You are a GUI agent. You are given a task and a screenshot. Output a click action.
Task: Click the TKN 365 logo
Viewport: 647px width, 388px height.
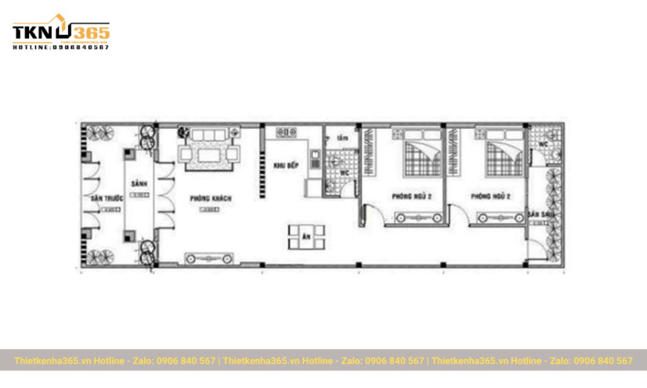[x=60, y=31]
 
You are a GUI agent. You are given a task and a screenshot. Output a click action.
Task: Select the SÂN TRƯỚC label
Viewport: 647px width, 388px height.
[x=107, y=199]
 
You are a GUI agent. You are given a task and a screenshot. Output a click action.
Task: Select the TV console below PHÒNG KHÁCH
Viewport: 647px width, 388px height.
[x=209, y=259]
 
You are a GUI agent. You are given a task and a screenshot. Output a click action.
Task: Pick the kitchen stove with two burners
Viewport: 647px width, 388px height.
[x=287, y=131]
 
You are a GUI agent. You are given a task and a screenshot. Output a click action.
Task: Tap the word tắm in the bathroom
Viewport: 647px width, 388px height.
[x=342, y=138]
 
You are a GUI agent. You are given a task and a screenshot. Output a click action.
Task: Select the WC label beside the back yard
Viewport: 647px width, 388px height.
[x=543, y=144]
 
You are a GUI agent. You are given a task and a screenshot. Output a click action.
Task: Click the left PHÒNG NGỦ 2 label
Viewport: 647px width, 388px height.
[x=412, y=197]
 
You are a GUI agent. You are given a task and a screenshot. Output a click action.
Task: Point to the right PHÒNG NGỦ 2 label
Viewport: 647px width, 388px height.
[x=491, y=197]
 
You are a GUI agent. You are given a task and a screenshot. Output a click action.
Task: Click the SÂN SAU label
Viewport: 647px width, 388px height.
[x=538, y=214]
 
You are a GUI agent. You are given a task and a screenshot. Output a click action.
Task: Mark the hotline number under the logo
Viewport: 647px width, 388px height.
[x=60, y=47]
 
